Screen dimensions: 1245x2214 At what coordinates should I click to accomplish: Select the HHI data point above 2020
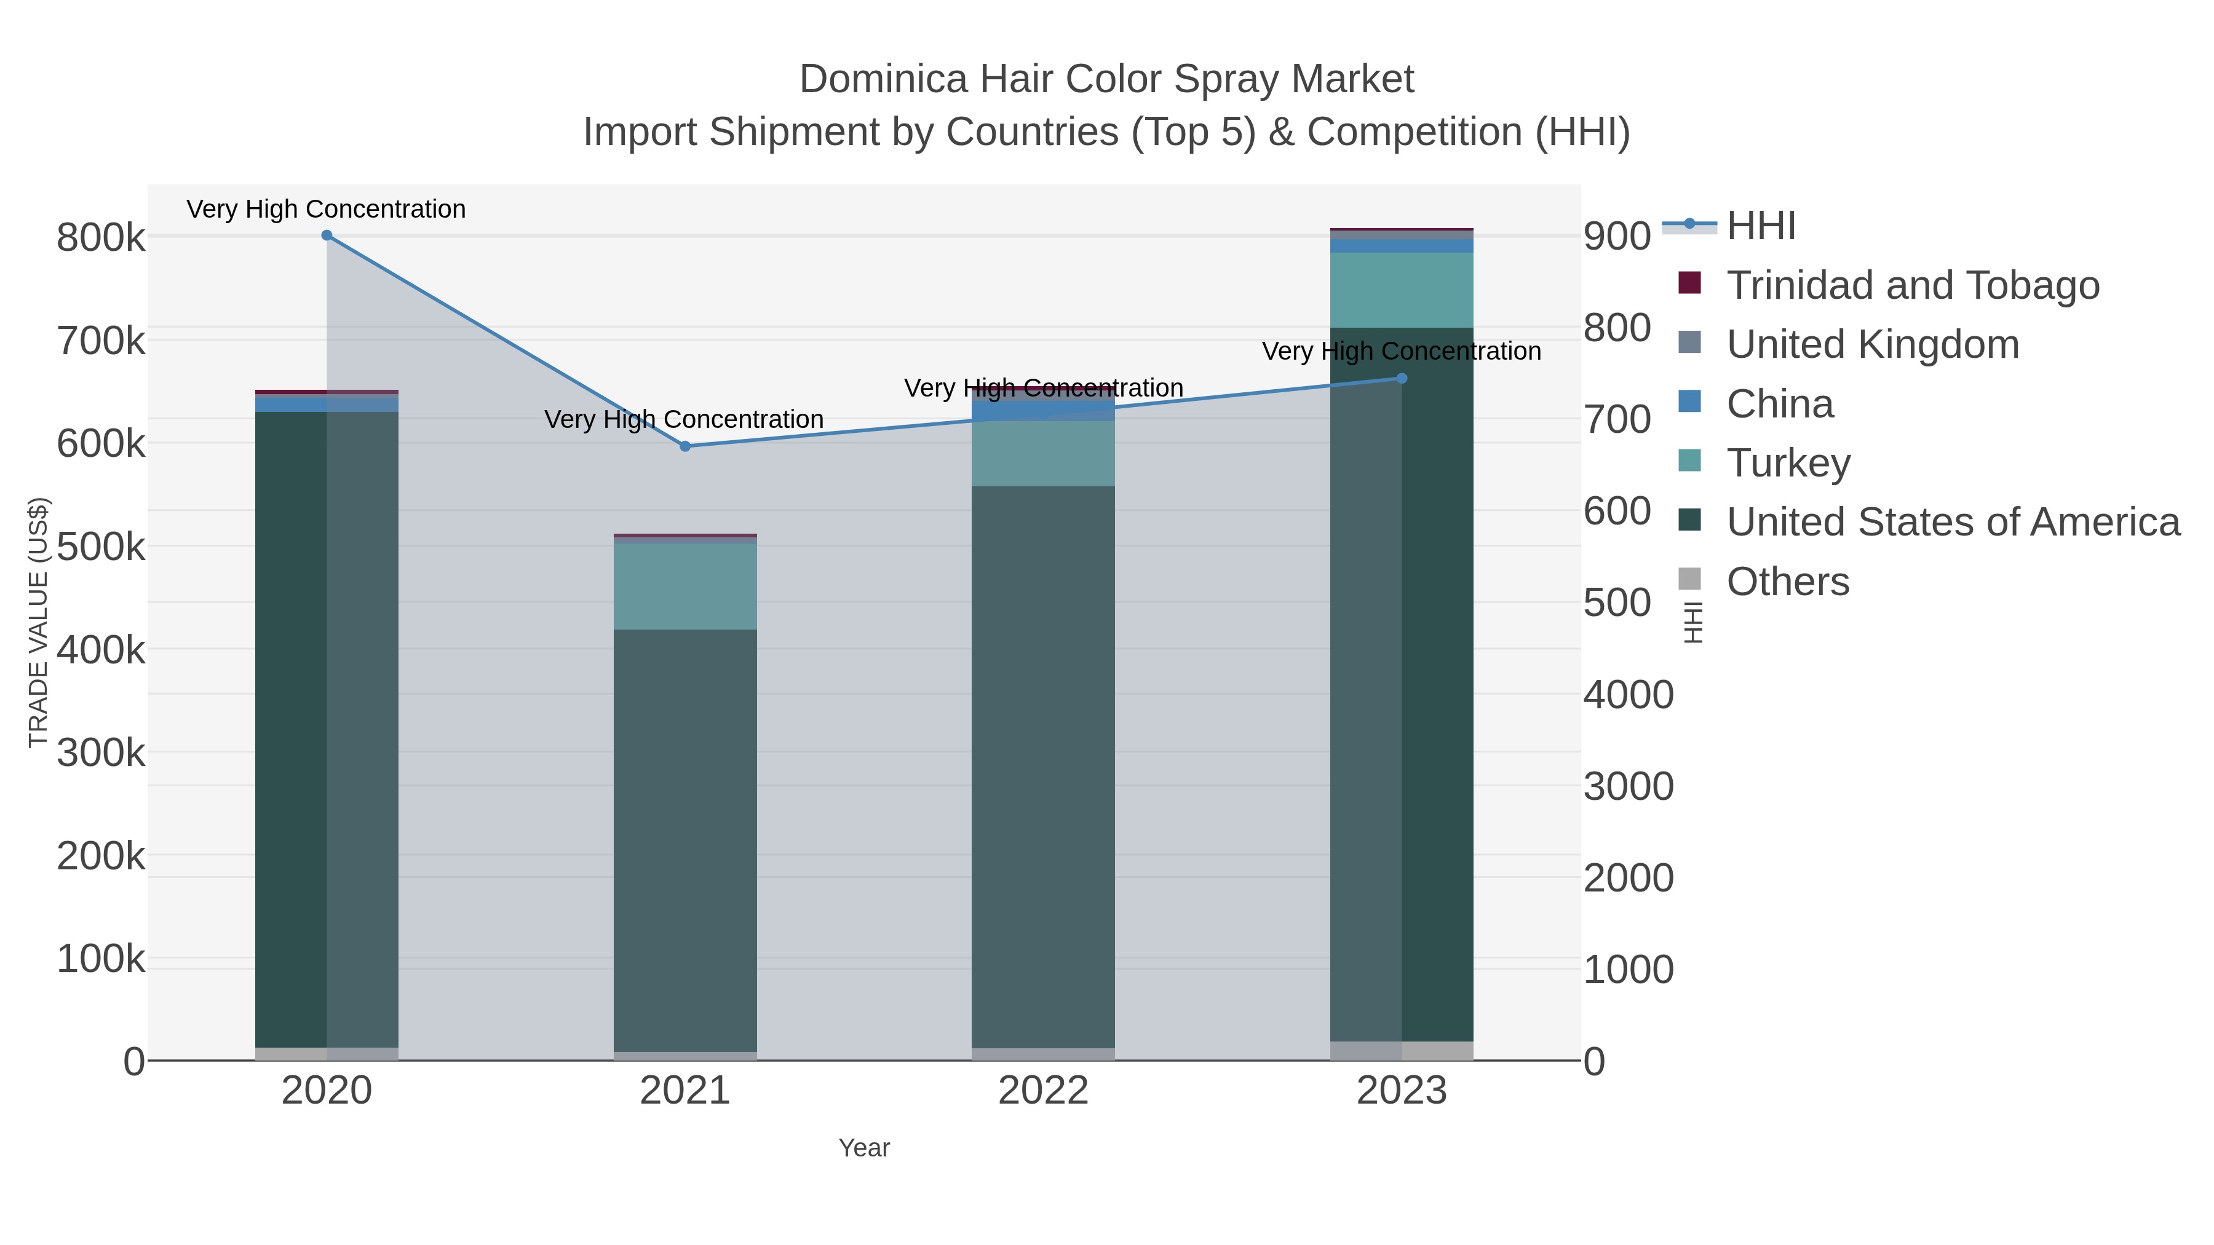pyautogui.click(x=327, y=235)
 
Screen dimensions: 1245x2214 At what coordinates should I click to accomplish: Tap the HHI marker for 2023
pyautogui.click(x=1402, y=378)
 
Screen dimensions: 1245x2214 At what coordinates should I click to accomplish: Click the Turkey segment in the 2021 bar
pyautogui.click(x=685, y=586)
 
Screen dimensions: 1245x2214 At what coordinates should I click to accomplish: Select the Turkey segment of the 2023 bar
pyautogui.click(x=1402, y=290)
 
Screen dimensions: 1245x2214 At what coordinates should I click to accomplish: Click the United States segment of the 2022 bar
pyautogui.click(x=1044, y=765)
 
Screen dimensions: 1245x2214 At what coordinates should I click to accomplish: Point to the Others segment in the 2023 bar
pyautogui.click(x=1402, y=1051)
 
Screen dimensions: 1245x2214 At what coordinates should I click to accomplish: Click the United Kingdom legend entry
pyautogui.click(x=1873, y=344)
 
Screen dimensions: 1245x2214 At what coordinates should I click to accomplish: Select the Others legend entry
pyautogui.click(x=1788, y=582)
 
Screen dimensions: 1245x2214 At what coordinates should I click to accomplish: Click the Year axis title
pyautogui.click(x=864, y=1148)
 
